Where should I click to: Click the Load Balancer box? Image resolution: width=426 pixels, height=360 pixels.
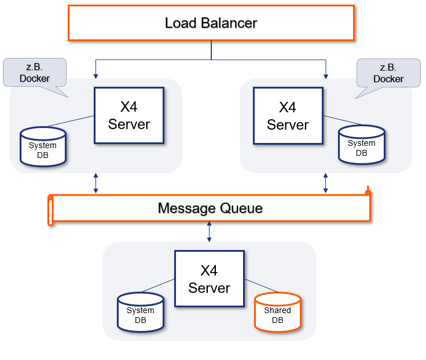pyautogui.click(x=211, y=23)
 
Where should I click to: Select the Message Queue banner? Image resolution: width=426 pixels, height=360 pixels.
pyautogui.click(x=211, y=208)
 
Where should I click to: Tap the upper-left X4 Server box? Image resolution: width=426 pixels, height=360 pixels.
pyautogui.click(x=129, y=115)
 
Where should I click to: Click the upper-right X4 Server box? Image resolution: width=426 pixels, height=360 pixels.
pyautogui.click(x=288, y=115)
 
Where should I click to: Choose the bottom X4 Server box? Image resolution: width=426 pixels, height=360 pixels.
pyautogui.click(x=209, y=279)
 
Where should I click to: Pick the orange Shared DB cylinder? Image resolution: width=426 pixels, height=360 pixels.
pyautogui.click(x=278, y=313)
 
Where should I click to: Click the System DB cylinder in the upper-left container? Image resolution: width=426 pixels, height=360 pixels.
pyautogui.click(x=43, y=148)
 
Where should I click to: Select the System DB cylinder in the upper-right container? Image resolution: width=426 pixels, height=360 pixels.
pyautogui.click(x=361, y=145)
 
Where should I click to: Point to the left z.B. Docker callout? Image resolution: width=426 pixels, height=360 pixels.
pyautogui.click(x=35, y=73)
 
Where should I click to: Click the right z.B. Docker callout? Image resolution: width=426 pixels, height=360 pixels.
pyautogui.click(x=388, y=73)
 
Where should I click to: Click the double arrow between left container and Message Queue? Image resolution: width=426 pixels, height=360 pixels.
pyautogui.click(x=96, y=182)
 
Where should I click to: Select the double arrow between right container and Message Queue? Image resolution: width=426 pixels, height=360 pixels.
pyautogui.click(x=326, y=182)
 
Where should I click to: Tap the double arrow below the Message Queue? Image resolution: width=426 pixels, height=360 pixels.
pyautogui.click(x=209, y=231)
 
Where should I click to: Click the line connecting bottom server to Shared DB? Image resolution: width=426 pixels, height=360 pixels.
pyautogui.click(x=262, y=286)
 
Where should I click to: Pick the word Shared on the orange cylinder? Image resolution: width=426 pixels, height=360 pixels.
pyautogui.click(x=278, y=310)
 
